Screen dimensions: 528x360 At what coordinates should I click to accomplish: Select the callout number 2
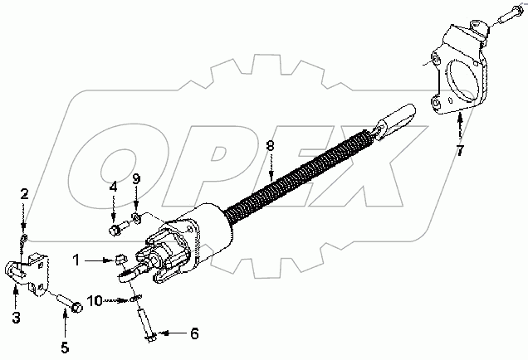tap(25, 194)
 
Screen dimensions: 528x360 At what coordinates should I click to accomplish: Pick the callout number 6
tap(194, 333)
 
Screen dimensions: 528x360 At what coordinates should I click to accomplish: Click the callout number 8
tap(269, 147)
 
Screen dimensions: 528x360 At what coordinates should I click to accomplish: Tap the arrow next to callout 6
tap(171, 333)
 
